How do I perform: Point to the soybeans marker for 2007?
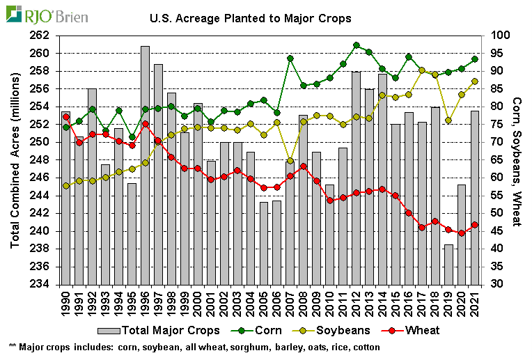[290, 161]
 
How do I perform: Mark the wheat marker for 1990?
[66, 117]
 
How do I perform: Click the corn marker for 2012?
[356, 45]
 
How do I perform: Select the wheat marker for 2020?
[462, 233]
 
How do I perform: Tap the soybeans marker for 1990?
[66, 186]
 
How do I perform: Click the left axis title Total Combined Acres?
[16, 160]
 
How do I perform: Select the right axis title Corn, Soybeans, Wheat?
[517, 160]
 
